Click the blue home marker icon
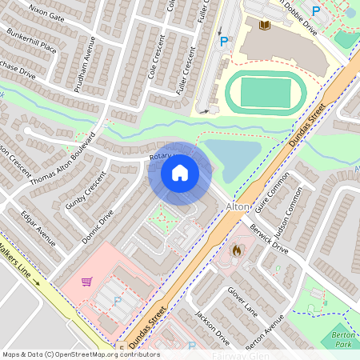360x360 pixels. [180, 172]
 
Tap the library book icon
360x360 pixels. [266, 26]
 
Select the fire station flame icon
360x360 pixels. [237, 250]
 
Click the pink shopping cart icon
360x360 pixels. [86, 282]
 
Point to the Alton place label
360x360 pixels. [238, 206]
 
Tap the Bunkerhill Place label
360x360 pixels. [32, 42]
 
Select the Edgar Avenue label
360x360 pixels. [38, 227]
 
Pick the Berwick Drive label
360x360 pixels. [268, 238]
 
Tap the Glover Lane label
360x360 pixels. [240, 301]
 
